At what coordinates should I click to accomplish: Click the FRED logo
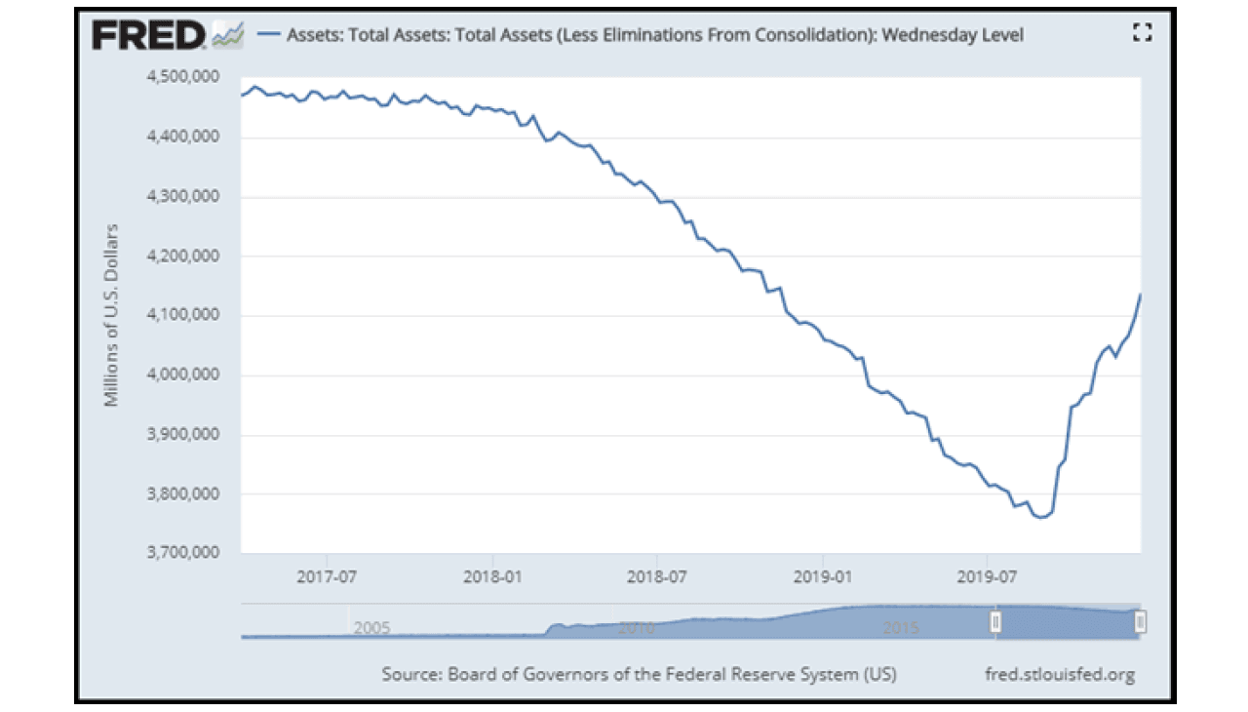[147, 35]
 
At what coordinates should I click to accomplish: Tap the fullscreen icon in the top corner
[1143, 33]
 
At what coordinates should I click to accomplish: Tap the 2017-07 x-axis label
[326, 574]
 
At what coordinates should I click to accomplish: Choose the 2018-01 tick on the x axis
[493, 574]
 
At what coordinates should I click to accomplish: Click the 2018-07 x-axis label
[656, 574]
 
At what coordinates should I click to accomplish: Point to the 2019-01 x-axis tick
[824, 574]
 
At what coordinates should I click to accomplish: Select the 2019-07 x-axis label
[988, 574]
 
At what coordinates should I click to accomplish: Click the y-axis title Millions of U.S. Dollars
[112, 315]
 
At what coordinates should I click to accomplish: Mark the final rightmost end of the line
[1141, 295]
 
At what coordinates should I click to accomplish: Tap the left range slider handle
[995, 621]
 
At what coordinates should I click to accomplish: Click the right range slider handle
[1140, 621]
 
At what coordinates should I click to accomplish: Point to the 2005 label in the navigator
[371, 627]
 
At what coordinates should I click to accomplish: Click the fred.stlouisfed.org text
[1061, 674]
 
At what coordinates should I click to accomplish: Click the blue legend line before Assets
[268, 35]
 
